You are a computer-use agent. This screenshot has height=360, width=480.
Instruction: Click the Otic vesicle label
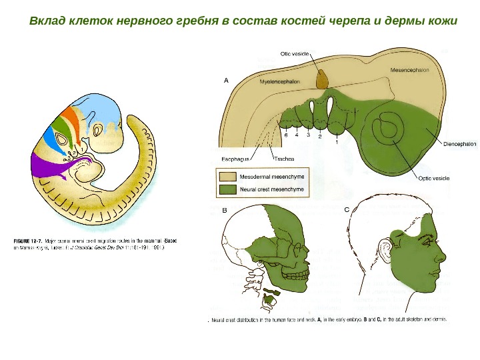295,49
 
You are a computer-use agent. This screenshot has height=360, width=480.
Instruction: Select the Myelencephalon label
279,81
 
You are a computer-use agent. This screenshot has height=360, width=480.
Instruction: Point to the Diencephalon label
459,143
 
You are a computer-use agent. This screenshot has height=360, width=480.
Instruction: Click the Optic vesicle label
433,178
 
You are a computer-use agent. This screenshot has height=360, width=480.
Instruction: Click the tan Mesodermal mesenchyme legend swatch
227,177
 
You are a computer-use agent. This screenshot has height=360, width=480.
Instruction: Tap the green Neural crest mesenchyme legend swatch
227,190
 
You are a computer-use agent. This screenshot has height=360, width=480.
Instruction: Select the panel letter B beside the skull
225,210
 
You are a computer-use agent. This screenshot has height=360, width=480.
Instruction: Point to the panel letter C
347,209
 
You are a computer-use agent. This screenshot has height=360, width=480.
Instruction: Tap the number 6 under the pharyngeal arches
286,135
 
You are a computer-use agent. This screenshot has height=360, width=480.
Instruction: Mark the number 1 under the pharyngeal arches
337,141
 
